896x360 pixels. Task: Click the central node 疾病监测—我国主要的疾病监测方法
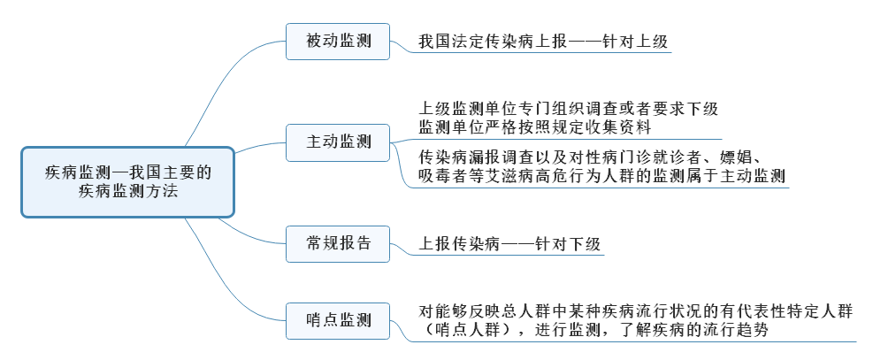point(128,182)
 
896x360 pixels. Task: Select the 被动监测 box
point(338,41)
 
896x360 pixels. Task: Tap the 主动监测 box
point(338,142)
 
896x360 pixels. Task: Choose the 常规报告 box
point(338,242)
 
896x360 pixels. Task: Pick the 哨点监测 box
point(338,319)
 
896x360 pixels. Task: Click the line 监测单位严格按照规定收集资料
point(535,127)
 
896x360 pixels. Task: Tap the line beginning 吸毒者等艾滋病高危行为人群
point(601,175)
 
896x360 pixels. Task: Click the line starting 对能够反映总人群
point(637,311)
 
